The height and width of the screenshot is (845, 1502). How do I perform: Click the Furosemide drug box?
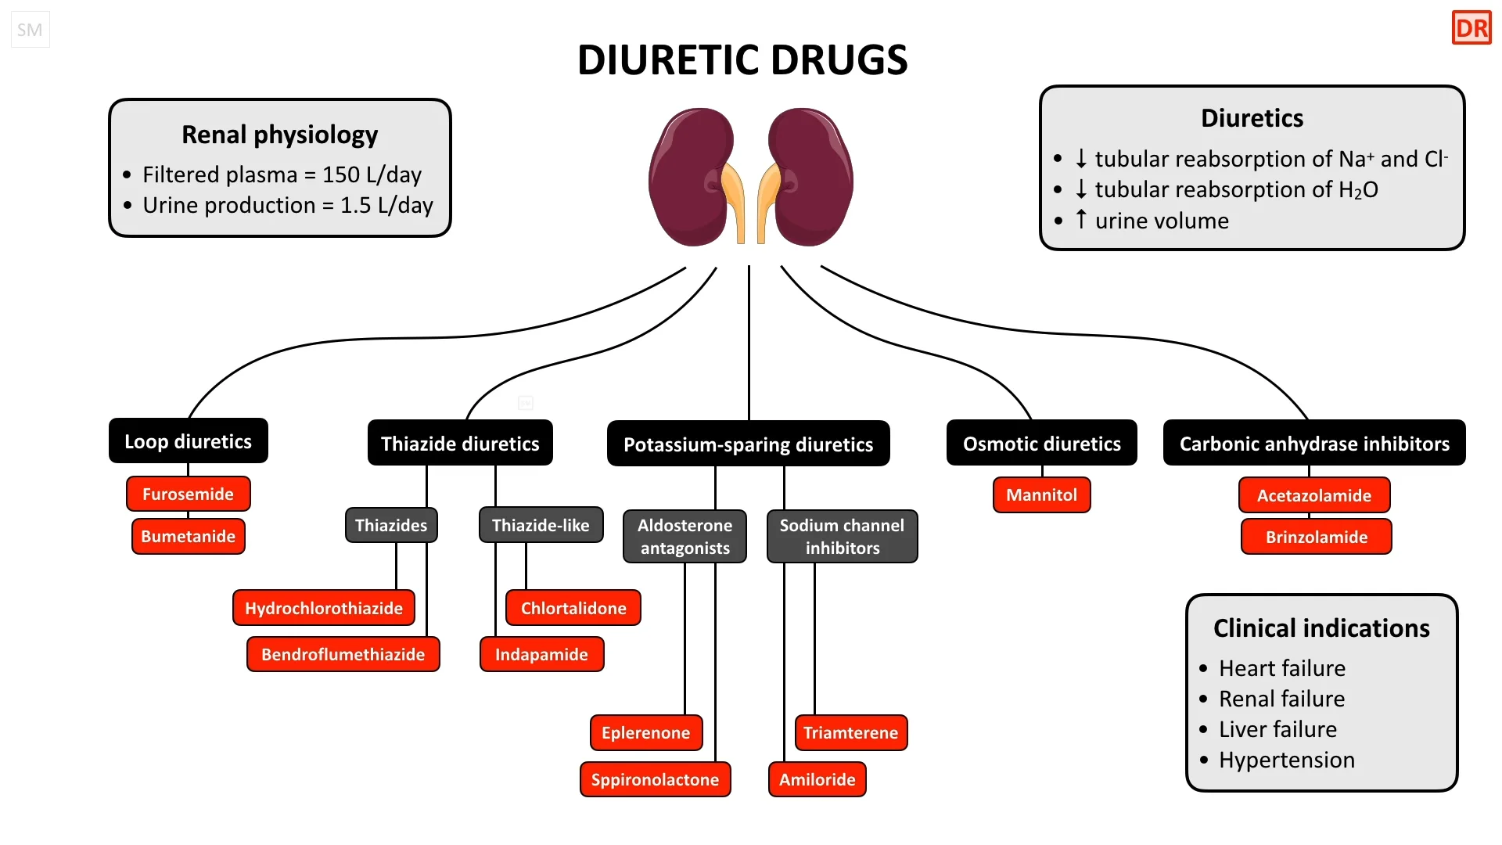[x=188, y=494]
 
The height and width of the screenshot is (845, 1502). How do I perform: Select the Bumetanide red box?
[x=188, y=537]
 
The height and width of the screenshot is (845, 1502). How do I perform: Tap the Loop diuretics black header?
[x=188, y=441]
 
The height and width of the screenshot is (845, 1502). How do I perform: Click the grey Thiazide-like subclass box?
[x=541, y=525]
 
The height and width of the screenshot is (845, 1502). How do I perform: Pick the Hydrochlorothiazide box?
[x=323, y=608]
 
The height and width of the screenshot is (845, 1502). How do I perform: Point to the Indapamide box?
[x=541, y=654]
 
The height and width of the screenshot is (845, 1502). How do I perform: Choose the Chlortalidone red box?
[x=573, y=608]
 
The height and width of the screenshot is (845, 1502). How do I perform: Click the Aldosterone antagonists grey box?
[x=685, y=537]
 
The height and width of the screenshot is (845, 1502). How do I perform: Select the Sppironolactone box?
[x=655, y=779]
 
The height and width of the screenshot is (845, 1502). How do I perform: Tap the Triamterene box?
[x=850, y=733]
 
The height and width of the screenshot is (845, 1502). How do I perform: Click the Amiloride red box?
[x=817, y=779]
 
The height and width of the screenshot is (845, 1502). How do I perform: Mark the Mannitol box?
[x=1041, y=495]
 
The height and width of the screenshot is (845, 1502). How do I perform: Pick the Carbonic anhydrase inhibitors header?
[x=1314, y=444]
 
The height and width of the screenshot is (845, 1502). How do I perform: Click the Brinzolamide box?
[x=1316, y=537]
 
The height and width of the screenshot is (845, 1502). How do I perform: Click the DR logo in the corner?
[x=1471, y=29]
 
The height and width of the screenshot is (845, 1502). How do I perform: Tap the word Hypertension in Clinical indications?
[x=1286, y=760]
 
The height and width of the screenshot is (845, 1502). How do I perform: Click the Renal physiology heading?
[x=279, y=135]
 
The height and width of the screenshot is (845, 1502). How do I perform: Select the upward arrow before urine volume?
[x=1081, y=220]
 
